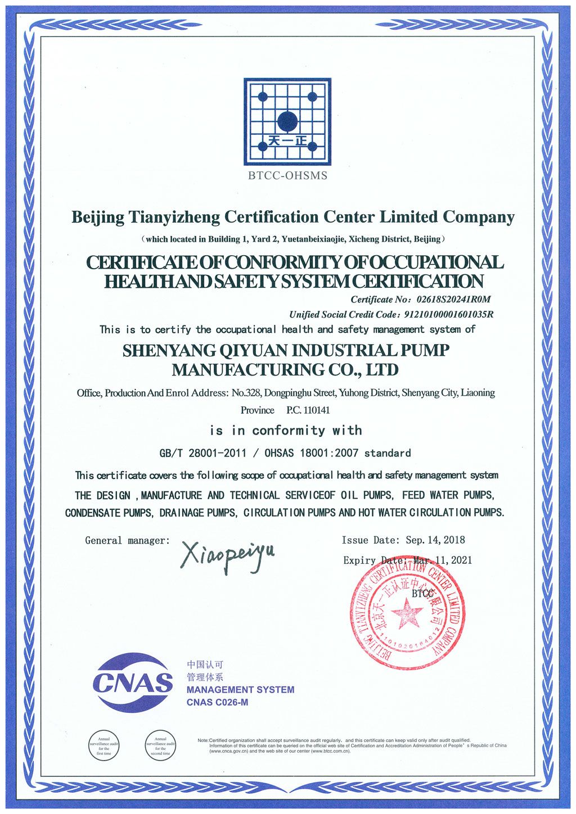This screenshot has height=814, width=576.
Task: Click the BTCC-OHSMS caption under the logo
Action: click(287, 175)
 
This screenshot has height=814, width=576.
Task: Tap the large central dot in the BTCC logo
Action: click(287, 120)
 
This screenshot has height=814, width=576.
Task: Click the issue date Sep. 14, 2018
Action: click(435, 540)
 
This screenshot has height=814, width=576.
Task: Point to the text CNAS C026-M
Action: click(217, 702)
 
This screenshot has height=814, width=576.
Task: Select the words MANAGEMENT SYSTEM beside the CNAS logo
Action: click(240, 690)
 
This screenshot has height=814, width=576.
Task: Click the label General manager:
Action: click(127, 541)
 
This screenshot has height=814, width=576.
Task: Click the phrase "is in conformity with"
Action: click(286, 431)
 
